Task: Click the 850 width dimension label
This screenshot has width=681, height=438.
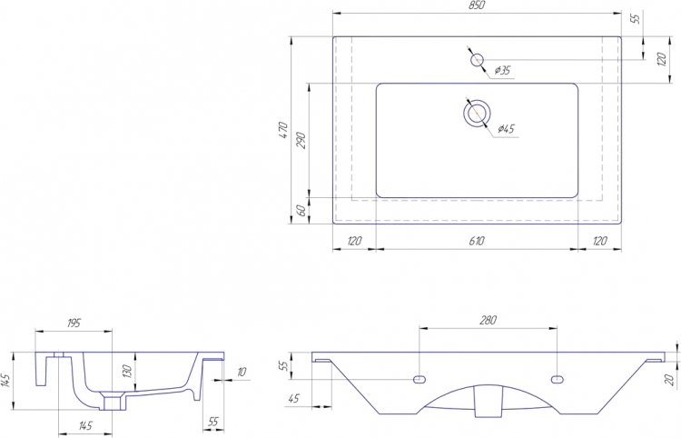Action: (x=477, y=5)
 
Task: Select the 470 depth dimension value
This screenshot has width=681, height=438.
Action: (x=283, y=130)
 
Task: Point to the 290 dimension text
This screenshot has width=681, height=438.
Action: (x=301, y=140)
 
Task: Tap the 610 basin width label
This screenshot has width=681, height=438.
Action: (x=477, y=241)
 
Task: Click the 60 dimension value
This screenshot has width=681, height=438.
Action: (x=301, y=211)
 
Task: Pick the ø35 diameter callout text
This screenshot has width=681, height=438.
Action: (x=502, y=70)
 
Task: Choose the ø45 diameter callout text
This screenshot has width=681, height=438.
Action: (x=506, y=129)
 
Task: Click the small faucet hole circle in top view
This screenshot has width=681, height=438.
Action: (x=477, y=60)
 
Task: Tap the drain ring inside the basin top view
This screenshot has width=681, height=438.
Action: (x=477, y=113)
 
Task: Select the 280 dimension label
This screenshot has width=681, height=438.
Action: (x=488, y=320)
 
